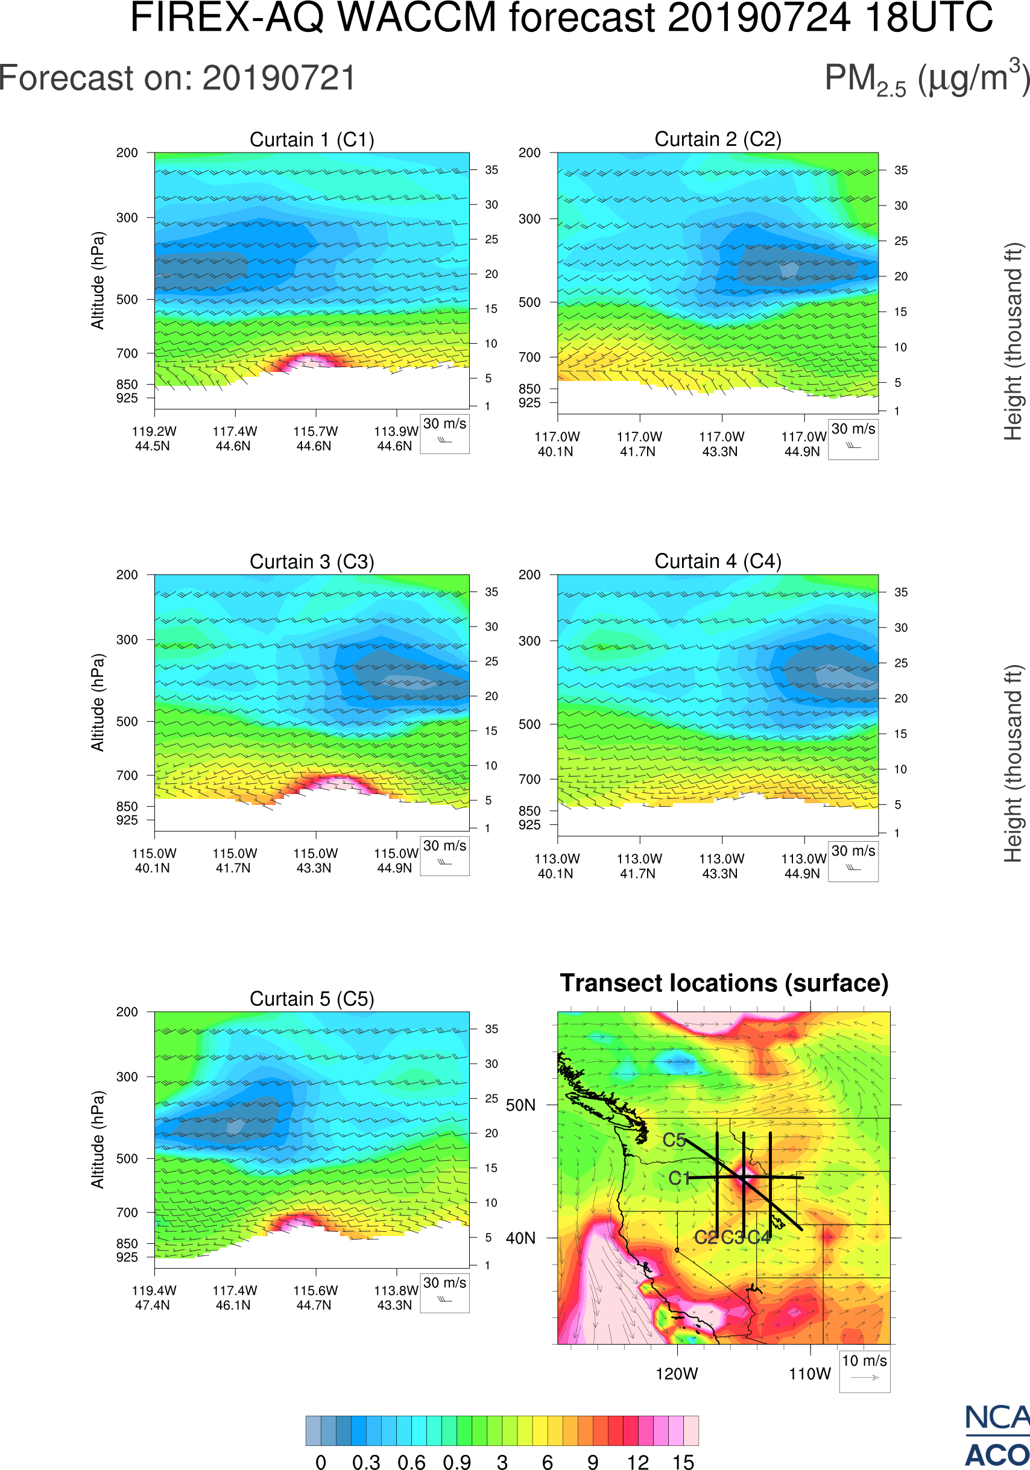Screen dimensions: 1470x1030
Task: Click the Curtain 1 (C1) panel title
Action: (x=312, y=139)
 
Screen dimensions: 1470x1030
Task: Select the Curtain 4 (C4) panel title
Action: (x=718, y=561)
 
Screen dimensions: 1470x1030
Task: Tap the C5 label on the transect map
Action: (x=674, y=1140)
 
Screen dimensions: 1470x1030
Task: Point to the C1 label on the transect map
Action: (x=679, y=1178)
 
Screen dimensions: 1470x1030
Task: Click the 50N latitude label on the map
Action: (x=520, y=1106)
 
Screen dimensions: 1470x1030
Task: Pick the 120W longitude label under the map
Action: (x=677, y=1374)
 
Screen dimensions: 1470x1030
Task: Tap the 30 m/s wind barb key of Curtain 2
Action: (x=853, y=438)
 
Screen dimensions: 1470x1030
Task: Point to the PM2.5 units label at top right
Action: (x=926, y=79)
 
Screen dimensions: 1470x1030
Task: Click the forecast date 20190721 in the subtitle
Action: (x=279, y=79)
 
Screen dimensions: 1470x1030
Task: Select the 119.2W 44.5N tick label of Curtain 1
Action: (x=154, y=438)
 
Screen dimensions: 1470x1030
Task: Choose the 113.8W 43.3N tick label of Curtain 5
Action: (x=396, y=1298)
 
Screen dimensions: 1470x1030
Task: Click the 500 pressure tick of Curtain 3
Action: (x=127, y=722)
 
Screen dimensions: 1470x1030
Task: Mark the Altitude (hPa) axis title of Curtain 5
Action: (x=97, y=1140)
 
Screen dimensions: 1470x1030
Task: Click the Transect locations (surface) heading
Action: (x=724, y=983)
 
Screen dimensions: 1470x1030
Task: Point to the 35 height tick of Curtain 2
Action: (x=901, y=170)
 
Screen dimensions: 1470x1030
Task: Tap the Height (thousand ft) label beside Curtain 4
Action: (x=1013, y=764)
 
